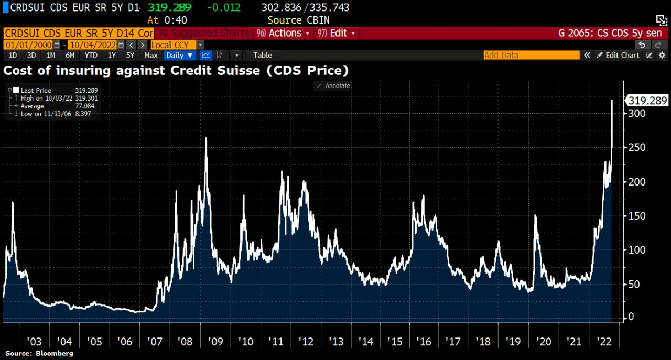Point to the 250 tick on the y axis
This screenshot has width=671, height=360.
[x=637, y=148]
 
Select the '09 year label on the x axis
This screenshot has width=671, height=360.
[x=215, y=342]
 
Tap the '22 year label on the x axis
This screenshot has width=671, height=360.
[x=604, y=342]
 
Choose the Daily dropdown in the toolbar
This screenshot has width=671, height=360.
[x=180, y=55]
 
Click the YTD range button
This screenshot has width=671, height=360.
[x=91, y=55]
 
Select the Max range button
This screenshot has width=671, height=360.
[x=151, y=55]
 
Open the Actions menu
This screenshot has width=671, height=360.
[x=284, y=33]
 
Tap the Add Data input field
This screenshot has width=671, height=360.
[x=531, y=55]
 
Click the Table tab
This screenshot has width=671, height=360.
[x=263, y=55]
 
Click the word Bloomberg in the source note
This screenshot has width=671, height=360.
[x=55, y=353]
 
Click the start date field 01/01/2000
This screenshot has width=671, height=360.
[x=29, y=45]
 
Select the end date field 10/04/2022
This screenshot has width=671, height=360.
[x=91, y=45]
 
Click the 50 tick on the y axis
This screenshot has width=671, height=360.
[x=634, y=284]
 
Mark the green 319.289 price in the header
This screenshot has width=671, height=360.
[x=170, y=8]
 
